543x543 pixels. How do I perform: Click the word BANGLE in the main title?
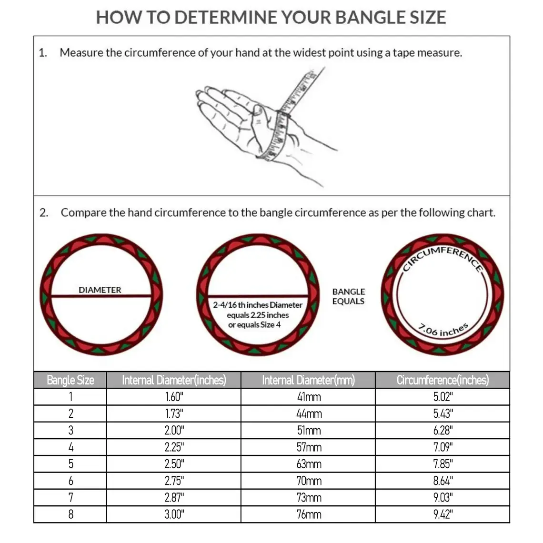tap(367, 18)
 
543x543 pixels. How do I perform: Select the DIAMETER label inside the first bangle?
tap(100, 290)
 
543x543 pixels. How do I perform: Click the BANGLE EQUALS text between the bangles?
tap(348, 296)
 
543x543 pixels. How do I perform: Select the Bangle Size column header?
tap(70, 380)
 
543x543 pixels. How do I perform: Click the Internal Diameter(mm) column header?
tap(308, 380)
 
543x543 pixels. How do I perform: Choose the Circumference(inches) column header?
tap(442, 380)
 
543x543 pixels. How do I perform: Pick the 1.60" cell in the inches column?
tap(174, 397)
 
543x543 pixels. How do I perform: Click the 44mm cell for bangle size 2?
tap(309, 413)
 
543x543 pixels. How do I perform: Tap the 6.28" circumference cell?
tap(442, 430)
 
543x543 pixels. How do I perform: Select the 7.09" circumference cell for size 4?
tap(442, 447)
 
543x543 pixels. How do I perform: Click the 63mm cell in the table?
tap(309, 464)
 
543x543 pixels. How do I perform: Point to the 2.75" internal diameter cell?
tap(174, 481)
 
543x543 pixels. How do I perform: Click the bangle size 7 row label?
tap(70, 498)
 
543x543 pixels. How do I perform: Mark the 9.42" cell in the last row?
tap(442, 514)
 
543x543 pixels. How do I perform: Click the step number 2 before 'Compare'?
tap(43, 213)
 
